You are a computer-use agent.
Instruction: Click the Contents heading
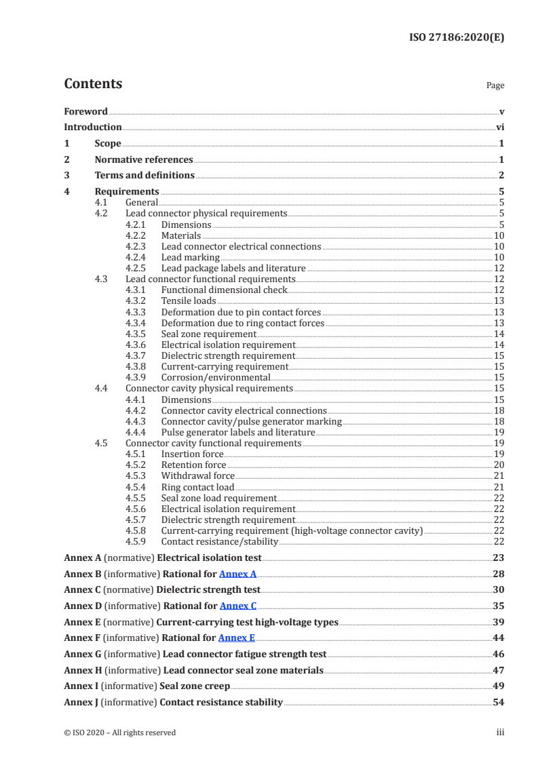coord(93,84)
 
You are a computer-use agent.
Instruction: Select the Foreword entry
coord(85,111)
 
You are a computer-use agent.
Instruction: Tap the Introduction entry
coord(93,127)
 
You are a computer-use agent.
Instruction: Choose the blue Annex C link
coord(238,606)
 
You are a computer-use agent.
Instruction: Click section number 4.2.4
coord(137,257)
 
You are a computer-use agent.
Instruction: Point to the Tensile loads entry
coord(189,300)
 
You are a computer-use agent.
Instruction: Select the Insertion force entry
coord(192,454)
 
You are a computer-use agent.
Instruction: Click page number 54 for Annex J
coord(498,702)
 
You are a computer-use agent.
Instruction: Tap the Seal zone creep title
coord(195,686)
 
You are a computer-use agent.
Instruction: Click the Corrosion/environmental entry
coord(216,377)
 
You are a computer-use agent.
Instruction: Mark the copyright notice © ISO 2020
coord(119,732)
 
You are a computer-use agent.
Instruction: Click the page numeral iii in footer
coord(500,732)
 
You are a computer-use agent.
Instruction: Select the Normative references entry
coord(144,159)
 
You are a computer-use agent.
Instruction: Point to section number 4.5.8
coord(137,530)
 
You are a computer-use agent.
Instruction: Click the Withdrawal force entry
coord(197,475)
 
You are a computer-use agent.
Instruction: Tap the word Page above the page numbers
coord(495,85)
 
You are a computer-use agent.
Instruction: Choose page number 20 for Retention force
coord(499,465)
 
